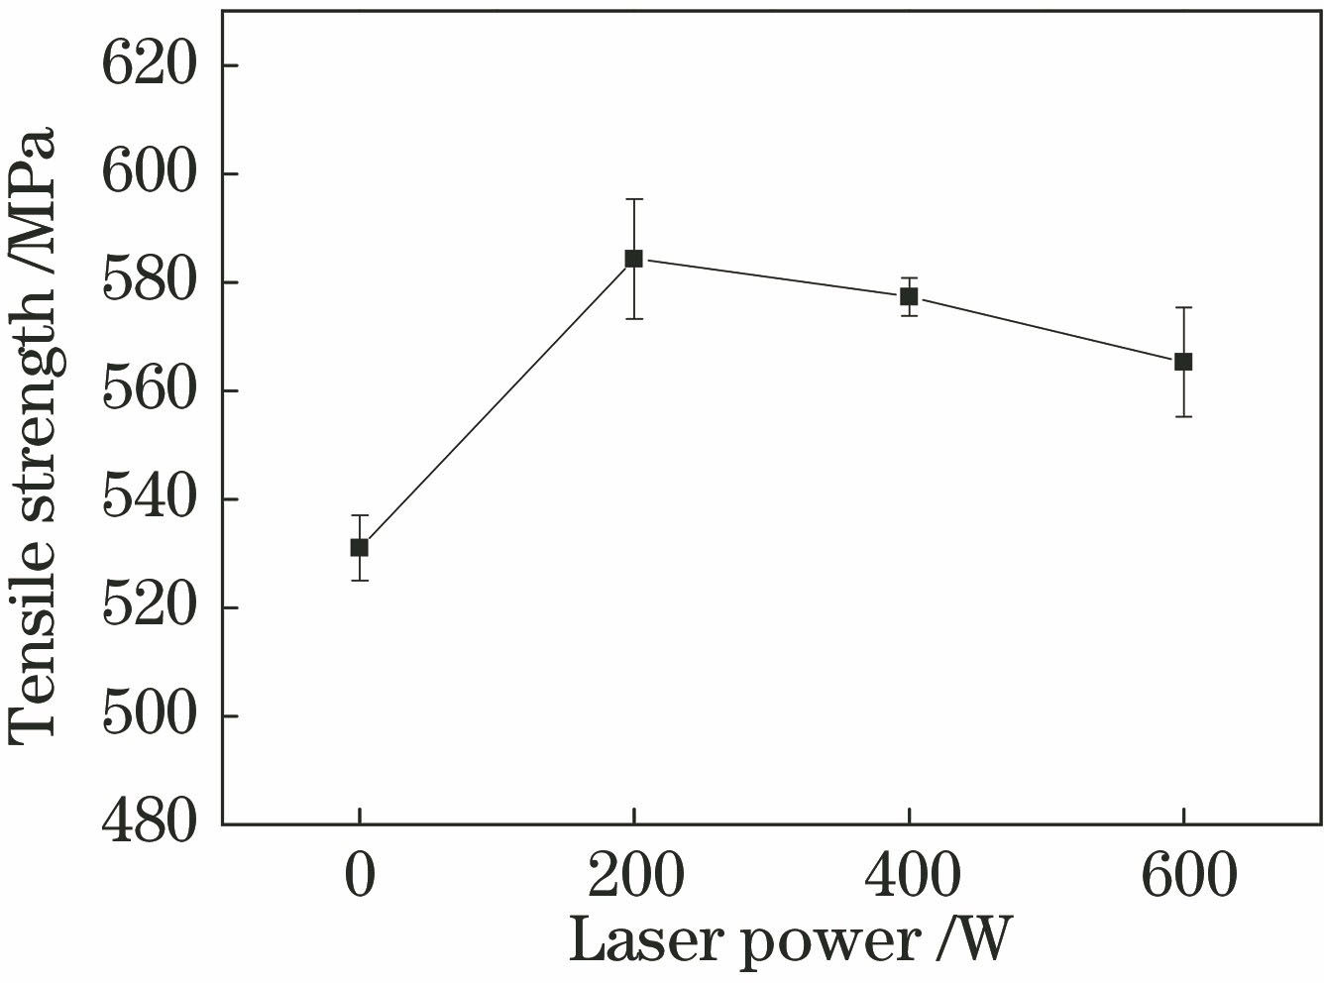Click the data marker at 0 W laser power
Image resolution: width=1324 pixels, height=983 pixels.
[360, 547]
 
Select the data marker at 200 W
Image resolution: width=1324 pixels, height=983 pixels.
[633, 259]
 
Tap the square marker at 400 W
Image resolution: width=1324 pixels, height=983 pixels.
[909, 296]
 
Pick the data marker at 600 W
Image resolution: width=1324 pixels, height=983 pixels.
[1183, 362]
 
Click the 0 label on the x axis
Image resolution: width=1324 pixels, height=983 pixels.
[360, 877]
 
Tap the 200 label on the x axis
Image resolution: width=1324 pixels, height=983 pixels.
[634, 877]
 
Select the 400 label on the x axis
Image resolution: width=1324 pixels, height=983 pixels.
[909, 877]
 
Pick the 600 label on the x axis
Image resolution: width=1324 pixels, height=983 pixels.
[1183, 877]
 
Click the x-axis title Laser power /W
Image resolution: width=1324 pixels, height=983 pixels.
[790, 939]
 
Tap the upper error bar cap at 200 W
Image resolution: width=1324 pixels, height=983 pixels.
[633, 199]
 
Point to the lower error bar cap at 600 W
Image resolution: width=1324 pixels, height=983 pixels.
[1183, 416]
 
